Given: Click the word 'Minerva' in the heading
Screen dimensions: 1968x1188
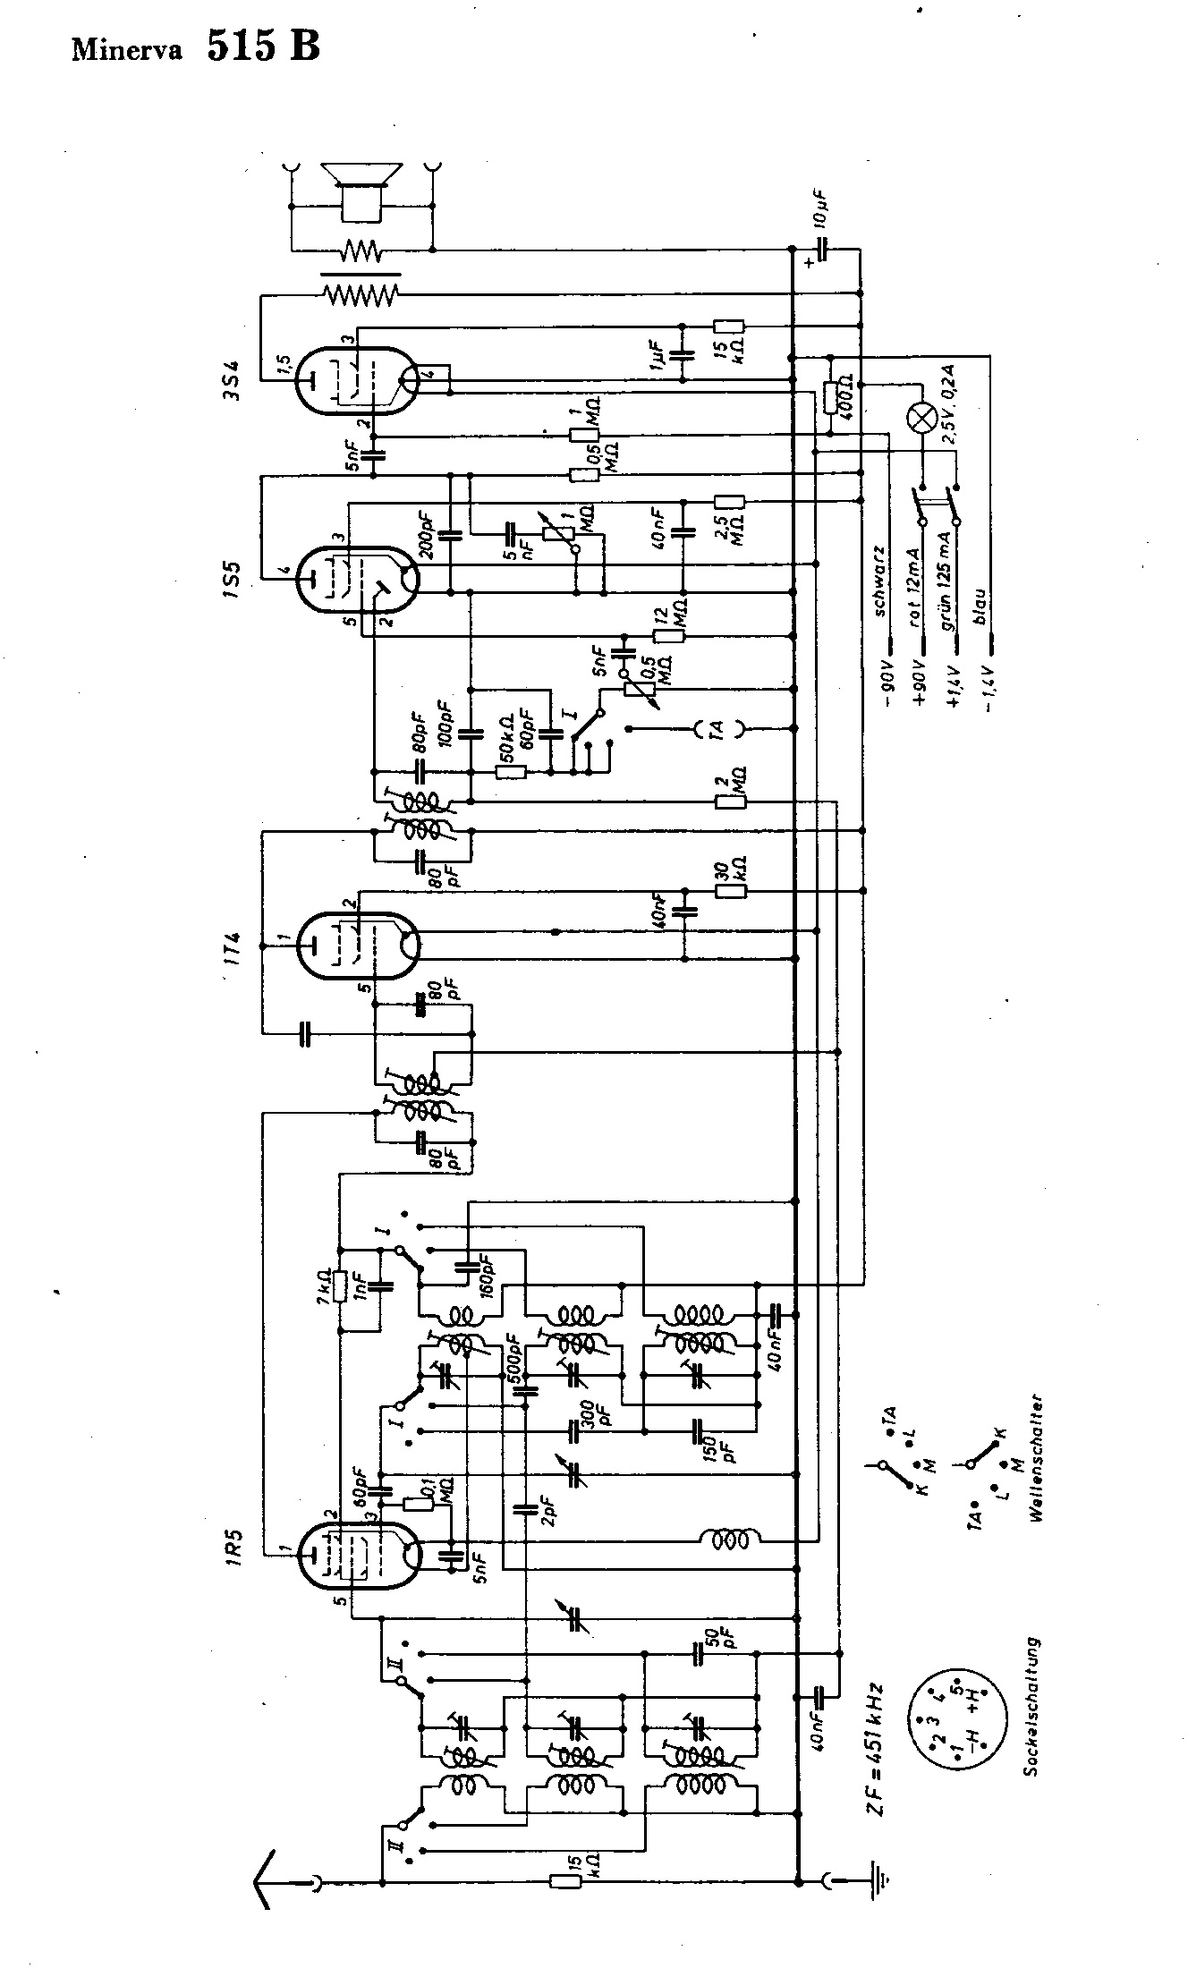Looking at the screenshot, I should point(127,50).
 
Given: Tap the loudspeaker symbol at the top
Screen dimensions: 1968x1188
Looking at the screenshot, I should point(361,189).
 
